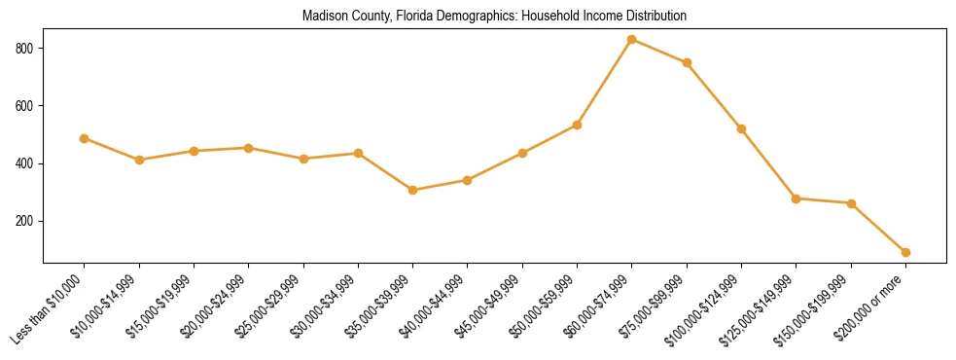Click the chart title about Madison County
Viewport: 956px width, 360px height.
[494, 17]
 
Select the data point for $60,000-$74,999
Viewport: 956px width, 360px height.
[632, 40]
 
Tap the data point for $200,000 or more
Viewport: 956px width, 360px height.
[905, 252]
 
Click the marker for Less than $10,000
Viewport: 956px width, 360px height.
[85, 138]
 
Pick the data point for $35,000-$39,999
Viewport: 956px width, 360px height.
[413, 190]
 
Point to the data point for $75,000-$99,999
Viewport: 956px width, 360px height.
[687, 62]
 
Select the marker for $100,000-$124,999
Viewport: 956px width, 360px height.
[741, 128]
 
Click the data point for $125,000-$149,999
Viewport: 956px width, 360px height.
[797, 198]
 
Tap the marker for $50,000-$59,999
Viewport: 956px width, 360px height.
[578, 125]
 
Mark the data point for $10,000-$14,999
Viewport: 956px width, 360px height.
[139, 160]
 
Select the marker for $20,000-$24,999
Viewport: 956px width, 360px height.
[249, 148]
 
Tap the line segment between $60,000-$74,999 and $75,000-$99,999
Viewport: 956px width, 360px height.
[659, 51]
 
